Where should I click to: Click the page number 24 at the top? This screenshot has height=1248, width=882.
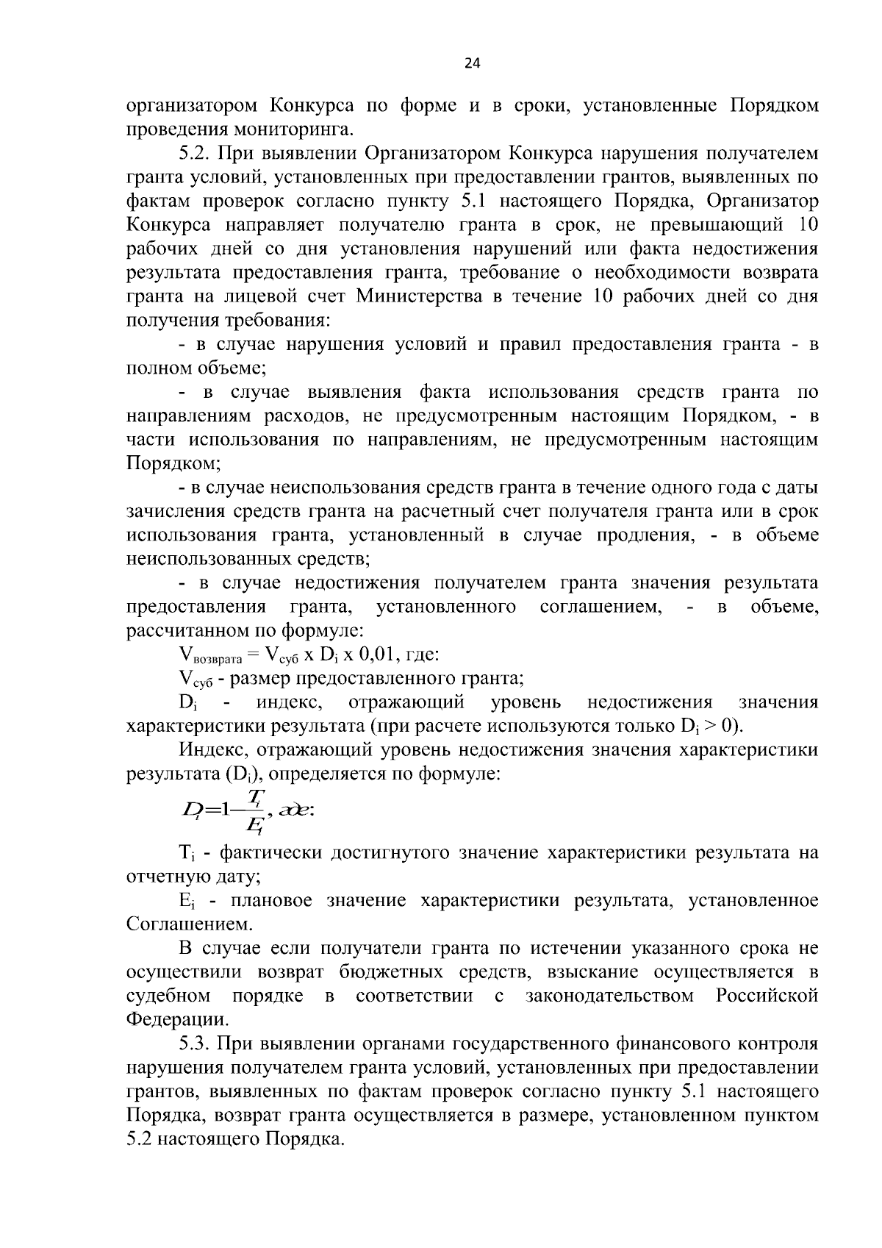point(473,64)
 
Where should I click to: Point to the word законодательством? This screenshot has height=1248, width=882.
point(609,996)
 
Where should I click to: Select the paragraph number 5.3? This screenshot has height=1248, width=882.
point(193,1044)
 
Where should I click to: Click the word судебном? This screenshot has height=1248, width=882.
point(168,996)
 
